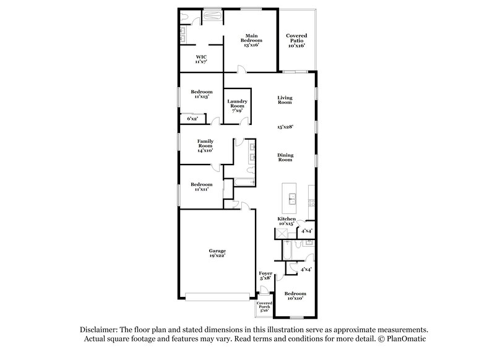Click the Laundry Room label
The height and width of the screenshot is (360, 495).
click(238, 104)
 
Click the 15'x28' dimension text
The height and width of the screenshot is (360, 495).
click(285, 126)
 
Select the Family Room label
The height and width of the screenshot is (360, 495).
click(205, 146)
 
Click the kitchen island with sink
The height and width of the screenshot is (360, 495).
click(290, 195)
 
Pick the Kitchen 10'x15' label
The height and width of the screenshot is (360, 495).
click(286, 221)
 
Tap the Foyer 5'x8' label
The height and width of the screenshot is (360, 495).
click(265, 276)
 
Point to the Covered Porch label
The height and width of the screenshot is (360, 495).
click(265, 307)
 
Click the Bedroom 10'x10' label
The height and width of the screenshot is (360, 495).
click(295, 296)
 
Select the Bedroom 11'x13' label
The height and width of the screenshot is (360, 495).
click(202, 94)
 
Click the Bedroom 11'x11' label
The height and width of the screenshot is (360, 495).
click(202, 186)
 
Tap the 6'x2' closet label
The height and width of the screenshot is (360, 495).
click(193, 118)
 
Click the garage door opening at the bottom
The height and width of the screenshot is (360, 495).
click(216, 297)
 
